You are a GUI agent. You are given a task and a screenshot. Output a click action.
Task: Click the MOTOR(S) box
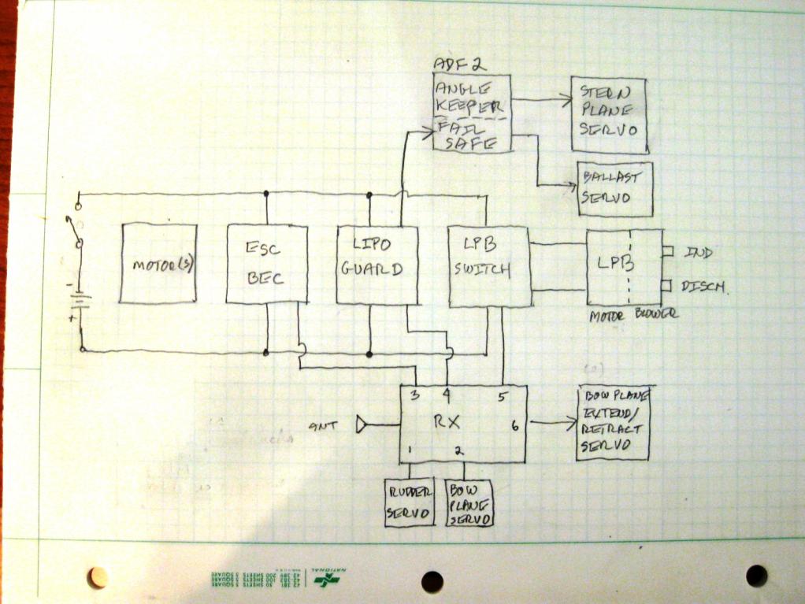click(x=158, y=264)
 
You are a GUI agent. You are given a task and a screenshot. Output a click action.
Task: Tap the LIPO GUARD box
click(x=375, y=265)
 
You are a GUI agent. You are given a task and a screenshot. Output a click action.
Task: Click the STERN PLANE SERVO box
click(x=608, y=115)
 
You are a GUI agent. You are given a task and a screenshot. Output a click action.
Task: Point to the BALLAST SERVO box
click(x=615, y=189)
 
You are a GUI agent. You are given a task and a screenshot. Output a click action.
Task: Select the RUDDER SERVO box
click(x=410, y=502)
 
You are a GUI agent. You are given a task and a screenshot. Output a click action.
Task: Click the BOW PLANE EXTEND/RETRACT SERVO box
click(x=613, y=424)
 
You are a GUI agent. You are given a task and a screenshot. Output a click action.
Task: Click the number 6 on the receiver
click(x=515, y=426)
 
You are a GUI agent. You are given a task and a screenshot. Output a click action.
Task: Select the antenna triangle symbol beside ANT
click(x=363, y=425)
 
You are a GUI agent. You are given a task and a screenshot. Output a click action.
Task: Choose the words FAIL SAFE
click(x=468, y=135)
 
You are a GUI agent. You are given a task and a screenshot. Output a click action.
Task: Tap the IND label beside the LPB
click(x=699, y=253)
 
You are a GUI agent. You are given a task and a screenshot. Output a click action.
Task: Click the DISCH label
click(x=704, y=286)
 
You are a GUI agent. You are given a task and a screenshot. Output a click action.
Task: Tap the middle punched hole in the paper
click(x=432, y=581)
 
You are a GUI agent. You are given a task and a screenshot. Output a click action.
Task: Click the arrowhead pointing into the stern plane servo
click(x=566, y=99)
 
